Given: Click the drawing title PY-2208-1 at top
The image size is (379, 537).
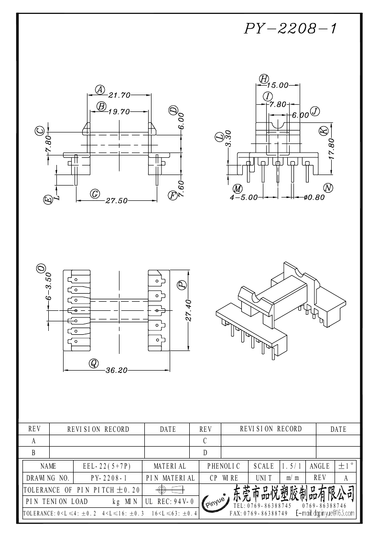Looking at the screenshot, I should [291, 29].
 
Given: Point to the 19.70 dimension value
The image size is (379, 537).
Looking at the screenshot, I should [119, 112].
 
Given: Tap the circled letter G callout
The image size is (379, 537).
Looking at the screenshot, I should [95, 194].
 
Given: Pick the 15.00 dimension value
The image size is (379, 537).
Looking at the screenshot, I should [278, 86].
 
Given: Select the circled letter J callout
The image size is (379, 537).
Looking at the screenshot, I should [314, 111].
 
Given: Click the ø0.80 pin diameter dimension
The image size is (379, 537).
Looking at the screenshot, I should [314, 197].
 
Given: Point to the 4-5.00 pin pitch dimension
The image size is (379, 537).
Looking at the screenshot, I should [244, 197].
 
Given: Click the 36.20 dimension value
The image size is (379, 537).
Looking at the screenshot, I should [117, 370].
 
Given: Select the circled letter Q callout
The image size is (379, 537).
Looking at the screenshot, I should [94, 363].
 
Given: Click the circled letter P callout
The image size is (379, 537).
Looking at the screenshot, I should [182, 285].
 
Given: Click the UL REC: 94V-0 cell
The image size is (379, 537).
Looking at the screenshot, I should [169, 502].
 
